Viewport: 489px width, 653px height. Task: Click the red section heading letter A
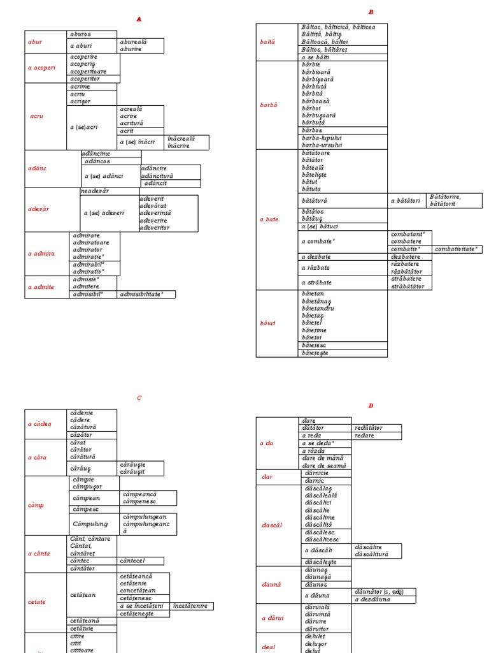(x=139, y=19)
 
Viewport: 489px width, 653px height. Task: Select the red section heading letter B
(x=371, y=12)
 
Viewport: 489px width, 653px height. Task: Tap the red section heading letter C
(x=139, y=398)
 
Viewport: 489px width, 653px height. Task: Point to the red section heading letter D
(x=371, y=406)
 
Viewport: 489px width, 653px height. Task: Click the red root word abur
(x=35, y=41)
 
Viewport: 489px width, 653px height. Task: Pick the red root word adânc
(x=37, y=168)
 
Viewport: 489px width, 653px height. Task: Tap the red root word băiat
(x=267, y=323)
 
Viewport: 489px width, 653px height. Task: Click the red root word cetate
(x=37, y=602)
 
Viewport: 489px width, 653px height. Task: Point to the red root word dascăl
(x=271, y=525)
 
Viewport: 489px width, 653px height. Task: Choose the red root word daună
(x=271, y=584)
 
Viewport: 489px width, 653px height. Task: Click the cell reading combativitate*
(x=457, y=249)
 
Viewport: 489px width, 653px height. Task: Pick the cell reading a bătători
(x=405, y=200)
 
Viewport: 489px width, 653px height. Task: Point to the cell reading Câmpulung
(x=90, y=524)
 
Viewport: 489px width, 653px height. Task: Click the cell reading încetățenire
(x=190, y=606)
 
